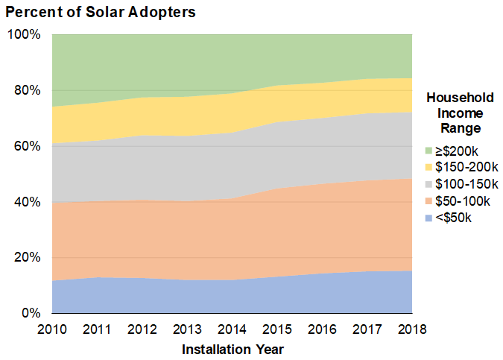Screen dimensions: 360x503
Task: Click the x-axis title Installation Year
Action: [233, 348]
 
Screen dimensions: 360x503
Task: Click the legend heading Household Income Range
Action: [459, 113]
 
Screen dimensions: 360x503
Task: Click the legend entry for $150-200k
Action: [464, 166]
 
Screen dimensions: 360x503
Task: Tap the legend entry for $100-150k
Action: [464, 183]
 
